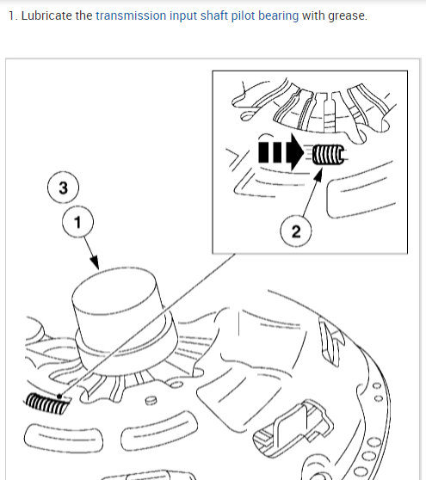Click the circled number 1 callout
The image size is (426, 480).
coord(77,222)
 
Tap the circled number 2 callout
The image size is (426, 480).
coord(296,231)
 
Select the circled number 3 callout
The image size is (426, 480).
coord(63,188)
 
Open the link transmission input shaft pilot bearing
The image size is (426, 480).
coord(197,16)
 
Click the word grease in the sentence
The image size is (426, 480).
coord(348,16)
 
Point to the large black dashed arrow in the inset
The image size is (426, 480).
coord(281,152)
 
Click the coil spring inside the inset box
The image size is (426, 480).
coord(328,155)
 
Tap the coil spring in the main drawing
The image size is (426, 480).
coord(47,403)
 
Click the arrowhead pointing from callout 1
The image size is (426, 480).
coord(95,262)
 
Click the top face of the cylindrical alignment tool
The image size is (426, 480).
coord(114,290)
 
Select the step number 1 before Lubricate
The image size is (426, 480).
coord(13,15)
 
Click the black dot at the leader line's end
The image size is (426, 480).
coord(59,397)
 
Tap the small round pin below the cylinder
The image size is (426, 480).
coord(151,400)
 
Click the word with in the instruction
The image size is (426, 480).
coord(313,15)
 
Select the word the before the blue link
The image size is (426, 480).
coord(83,15)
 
